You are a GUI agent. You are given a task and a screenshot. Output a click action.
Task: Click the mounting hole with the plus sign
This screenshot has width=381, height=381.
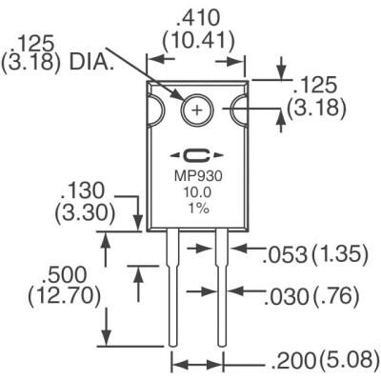pyautogui.click(x=197, y=110)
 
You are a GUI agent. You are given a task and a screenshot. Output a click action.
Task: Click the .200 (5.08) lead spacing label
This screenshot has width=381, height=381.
pyautogui.click(x=324, y=362)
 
